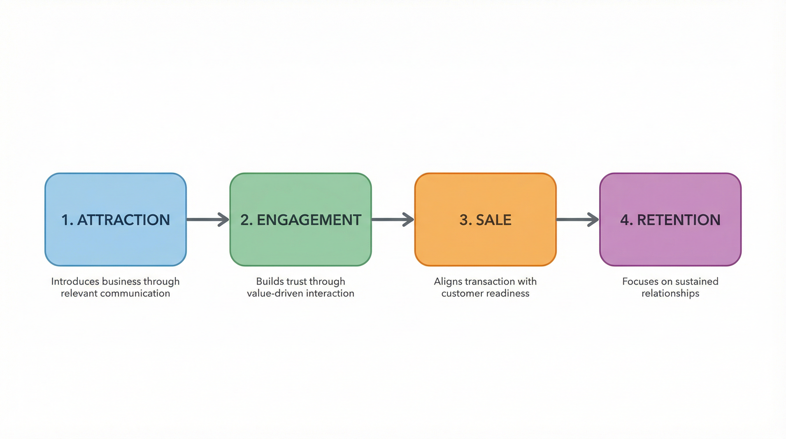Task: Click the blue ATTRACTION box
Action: [115, 241]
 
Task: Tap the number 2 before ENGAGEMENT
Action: [245, 220]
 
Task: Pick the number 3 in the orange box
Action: [464, 220]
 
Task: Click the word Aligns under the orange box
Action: [448, 281]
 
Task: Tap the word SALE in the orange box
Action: [494, 220]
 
